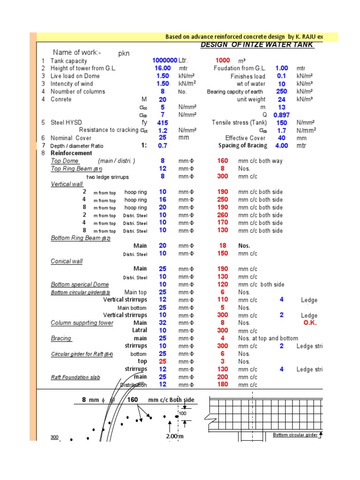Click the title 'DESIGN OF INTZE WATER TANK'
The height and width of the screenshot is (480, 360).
pyautogui.click(x=257, y=45)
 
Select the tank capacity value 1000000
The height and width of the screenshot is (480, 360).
pyautogui.click(x=165, y=60)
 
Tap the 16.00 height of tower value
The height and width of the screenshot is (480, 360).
pyautogui.click(x=162, y=68)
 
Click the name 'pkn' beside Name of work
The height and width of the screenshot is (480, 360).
pyautogui.click(x=124, y=53)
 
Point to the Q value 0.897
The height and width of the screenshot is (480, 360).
pyautogui.click(x=281, y=115)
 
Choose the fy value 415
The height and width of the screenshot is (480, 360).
pyautogui.click(x=162, y=122)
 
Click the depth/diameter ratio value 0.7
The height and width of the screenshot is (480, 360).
pyautogui.click(x=163, y=146)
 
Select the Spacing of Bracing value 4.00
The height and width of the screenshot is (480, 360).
pyautogui.click(x=281, y=146)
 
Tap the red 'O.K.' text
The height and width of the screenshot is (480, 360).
pyautogui.click(x=310, y=323)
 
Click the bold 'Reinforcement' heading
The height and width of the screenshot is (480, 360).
pyautogui.click(x=71, y=153)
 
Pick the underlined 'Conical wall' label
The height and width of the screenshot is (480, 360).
pyautogui.click(x=67, y=261)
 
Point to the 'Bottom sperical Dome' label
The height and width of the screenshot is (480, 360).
pyautogui.click(x=80, y=285)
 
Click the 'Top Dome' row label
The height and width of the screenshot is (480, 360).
pyautogui.click(x=65, y=161)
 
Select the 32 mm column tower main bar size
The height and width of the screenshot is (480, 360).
pyautogui.click(x=162, y=323)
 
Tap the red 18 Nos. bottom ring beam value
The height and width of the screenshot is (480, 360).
pyautogui.click(x=223, y=246)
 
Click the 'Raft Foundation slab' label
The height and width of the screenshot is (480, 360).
pyautogui.click(x=75, y=377)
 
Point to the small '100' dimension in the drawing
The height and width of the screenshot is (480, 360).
pyautogui.click(x=182, y=413)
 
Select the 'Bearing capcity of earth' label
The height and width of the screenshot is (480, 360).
pyautogui.click(x=235, y=92)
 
